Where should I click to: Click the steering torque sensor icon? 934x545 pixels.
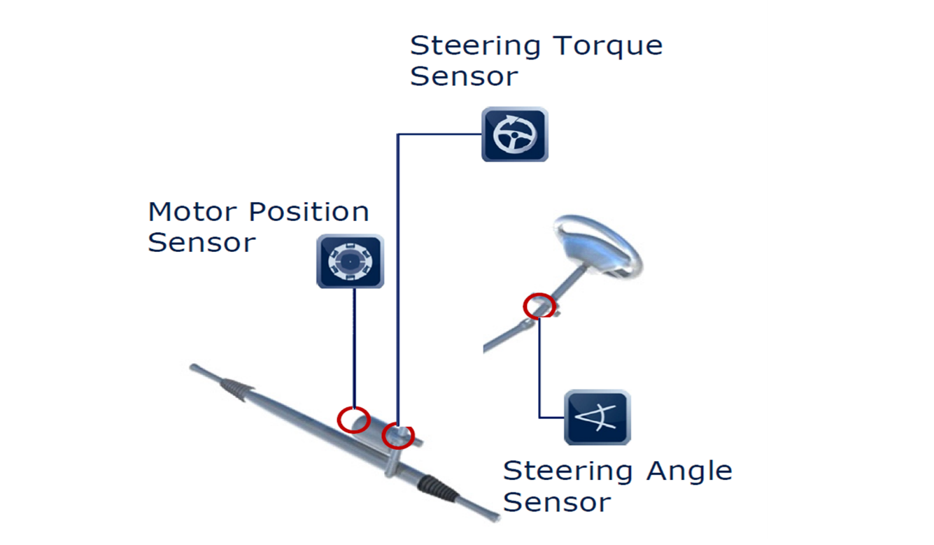pos(515,134)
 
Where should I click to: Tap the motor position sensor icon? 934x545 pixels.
pos(351,261)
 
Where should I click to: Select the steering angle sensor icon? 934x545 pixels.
pos(597,417)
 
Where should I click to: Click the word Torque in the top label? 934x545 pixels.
pos(608,47)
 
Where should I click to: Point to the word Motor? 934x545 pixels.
pos(193,212)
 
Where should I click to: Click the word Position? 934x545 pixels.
pos(309,212)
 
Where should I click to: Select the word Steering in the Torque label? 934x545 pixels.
pos(475,47)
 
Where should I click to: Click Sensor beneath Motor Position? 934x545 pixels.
pos(201,243)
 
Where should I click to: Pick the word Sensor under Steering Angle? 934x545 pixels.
pos(557,502)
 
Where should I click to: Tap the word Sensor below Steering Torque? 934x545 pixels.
pos(464,76)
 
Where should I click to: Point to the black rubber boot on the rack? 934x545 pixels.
pos(439,488)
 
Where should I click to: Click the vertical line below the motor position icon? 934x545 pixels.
pos(355,348)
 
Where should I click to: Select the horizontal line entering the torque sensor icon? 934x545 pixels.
pos(439,134)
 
